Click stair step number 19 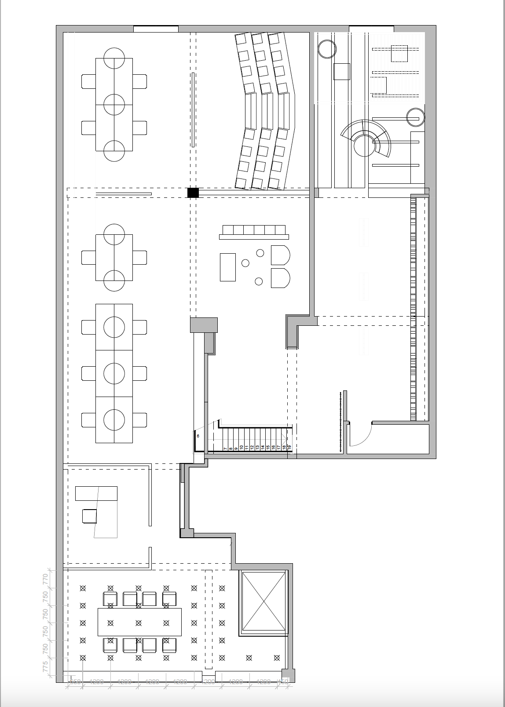click(289, 447)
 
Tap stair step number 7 click(225, 448)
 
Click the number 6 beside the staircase click(198, 436)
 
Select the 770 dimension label click(45, 579)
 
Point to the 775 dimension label click(45, 666)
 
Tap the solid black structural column click(193, 193)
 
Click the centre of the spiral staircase click(365, 146)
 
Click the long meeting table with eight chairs click(139, 622)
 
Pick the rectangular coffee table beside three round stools click(228, 267)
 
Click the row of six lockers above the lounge click(254, 230)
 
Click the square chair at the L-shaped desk click(89, 516)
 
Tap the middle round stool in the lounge click(245, 263)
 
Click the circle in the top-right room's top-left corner click(327, 49)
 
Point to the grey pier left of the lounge click(204, 325)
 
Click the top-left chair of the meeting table click(110, 598)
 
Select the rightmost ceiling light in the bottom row click(277, 658)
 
